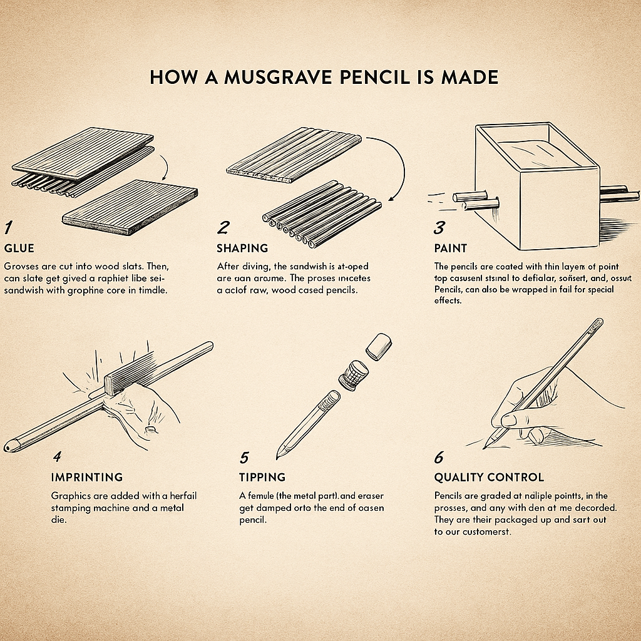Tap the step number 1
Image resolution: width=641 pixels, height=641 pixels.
(8, 227)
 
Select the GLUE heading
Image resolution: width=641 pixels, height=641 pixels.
(19, 247)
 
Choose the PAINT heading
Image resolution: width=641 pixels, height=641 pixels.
(450, 247)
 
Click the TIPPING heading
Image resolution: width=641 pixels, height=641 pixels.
(262, 477)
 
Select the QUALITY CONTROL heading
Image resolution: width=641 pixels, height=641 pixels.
(489, 477)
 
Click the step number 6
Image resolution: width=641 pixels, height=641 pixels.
(439, 456)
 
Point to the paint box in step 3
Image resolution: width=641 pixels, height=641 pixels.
(535, 188)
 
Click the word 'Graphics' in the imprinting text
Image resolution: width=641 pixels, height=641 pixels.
(72, 495)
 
